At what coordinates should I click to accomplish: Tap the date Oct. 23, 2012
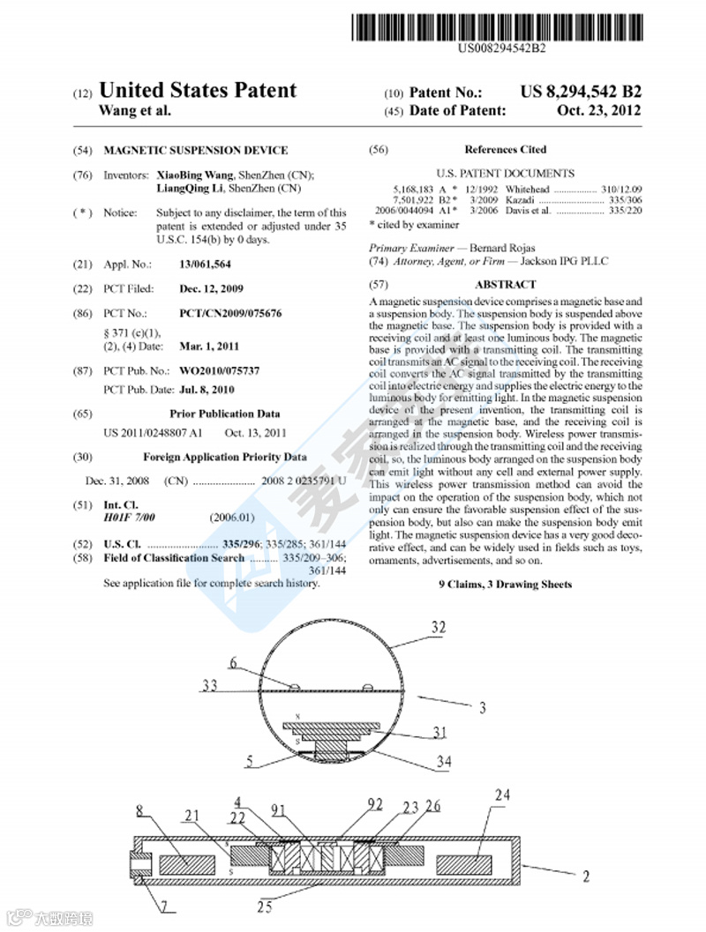coord(599,111)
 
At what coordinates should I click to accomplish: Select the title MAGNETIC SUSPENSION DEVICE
coord(195,150)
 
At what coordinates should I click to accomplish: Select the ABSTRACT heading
coord(505,285)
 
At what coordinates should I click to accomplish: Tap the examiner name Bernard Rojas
coord(502,249)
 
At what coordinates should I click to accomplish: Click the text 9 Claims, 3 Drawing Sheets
coord(505,585)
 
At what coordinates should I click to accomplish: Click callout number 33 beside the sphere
coord(210,684)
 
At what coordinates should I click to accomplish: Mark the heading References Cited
coord(505,150)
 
